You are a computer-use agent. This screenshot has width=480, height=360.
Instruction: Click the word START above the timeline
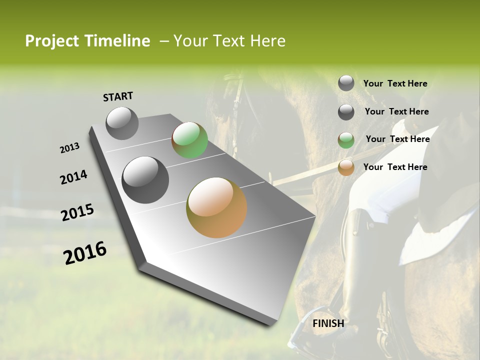(118, 96)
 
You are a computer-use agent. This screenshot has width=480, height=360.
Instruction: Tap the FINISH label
(328, 323)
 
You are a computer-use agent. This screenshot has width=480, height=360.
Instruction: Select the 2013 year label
(69, 148)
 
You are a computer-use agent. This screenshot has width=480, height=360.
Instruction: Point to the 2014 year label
(73, 177)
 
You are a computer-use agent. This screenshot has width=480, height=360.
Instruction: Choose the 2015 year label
(77, 212)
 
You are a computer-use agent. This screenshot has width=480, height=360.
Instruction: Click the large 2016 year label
(85, 253)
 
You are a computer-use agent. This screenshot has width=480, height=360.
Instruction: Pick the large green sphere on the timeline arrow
(189, 140)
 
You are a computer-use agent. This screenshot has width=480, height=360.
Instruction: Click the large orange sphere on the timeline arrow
(216, 207)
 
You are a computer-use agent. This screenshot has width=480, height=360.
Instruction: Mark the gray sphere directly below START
(122, 123)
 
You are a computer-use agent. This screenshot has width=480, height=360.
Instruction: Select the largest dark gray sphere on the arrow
(145, 179)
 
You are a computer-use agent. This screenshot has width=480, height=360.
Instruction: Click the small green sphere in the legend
(346, 140)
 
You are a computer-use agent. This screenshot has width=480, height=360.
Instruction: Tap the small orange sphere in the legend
(346, 167)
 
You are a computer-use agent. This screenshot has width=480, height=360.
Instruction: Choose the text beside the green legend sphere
(397, 139)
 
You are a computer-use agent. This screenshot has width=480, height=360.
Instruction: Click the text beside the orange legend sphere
(395, 167)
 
